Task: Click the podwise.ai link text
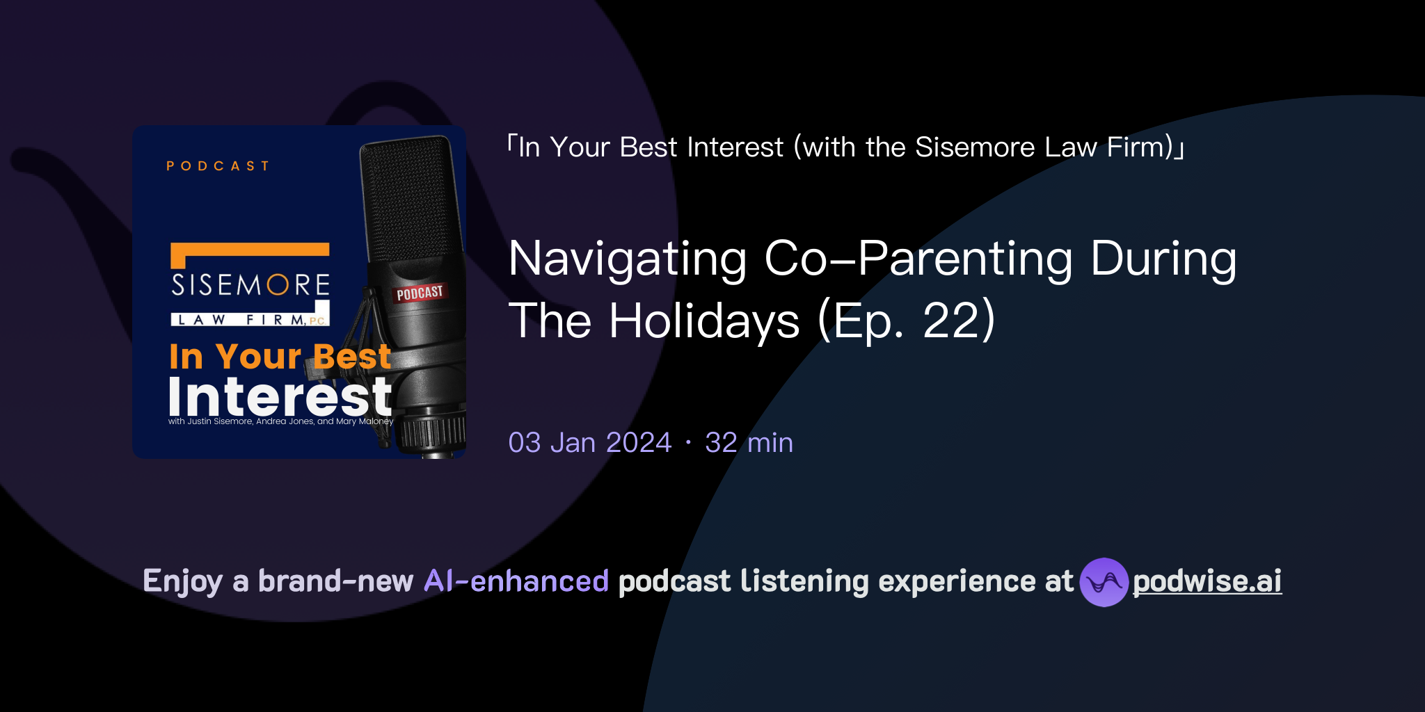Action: tap(1207, 581)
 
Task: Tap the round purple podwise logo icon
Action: tap(1104, 582)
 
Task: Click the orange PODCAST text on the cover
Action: tap(218, 166)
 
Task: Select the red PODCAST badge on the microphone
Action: tap(420, 293)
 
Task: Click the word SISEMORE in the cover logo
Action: tap(250, 285)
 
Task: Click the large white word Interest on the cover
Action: tap(280, 397)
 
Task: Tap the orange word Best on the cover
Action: tap(352, 357)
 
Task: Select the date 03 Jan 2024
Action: tap(589, 443)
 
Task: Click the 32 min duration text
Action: tap(749, 443)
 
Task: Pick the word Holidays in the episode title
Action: tap(704, 321)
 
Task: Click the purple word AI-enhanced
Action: tap(516, 581)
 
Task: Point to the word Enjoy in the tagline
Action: tap(182, 581)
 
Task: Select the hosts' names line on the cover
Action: tap(280, 421)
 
